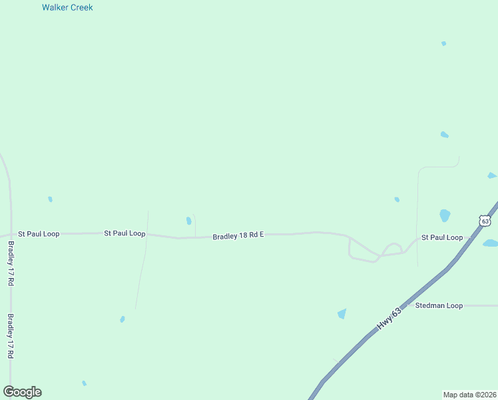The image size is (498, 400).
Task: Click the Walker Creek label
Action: click(x=67, y=7)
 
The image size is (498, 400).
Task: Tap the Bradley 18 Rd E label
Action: click(x=238, y=236)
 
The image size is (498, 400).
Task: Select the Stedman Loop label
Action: click(x=438, y=305)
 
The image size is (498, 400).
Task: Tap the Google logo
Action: click(x=22, y=392)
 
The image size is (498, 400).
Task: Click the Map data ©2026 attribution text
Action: click(x=470, y=395)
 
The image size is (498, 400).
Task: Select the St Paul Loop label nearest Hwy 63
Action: click(x=442, y=237)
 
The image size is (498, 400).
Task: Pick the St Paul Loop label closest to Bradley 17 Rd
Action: click(x=39, y=234)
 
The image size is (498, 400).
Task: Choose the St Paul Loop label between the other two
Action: click(x=124, y=233)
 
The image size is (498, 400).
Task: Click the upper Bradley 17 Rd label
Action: click(x=11, y=263)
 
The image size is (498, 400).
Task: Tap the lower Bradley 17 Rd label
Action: click(x=11, y=337)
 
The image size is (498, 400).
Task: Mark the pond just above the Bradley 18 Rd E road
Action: click(x=188, y=221)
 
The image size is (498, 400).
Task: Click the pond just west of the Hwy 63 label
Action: click(x=342, y=313)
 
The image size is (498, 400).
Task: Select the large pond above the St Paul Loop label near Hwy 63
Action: click(x=445, y=215)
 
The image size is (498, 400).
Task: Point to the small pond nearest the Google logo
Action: click(x=84, y=383)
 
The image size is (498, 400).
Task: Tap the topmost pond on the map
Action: click(x=443, y=43)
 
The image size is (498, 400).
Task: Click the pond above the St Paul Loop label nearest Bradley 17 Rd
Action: click(x=50, y=199)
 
